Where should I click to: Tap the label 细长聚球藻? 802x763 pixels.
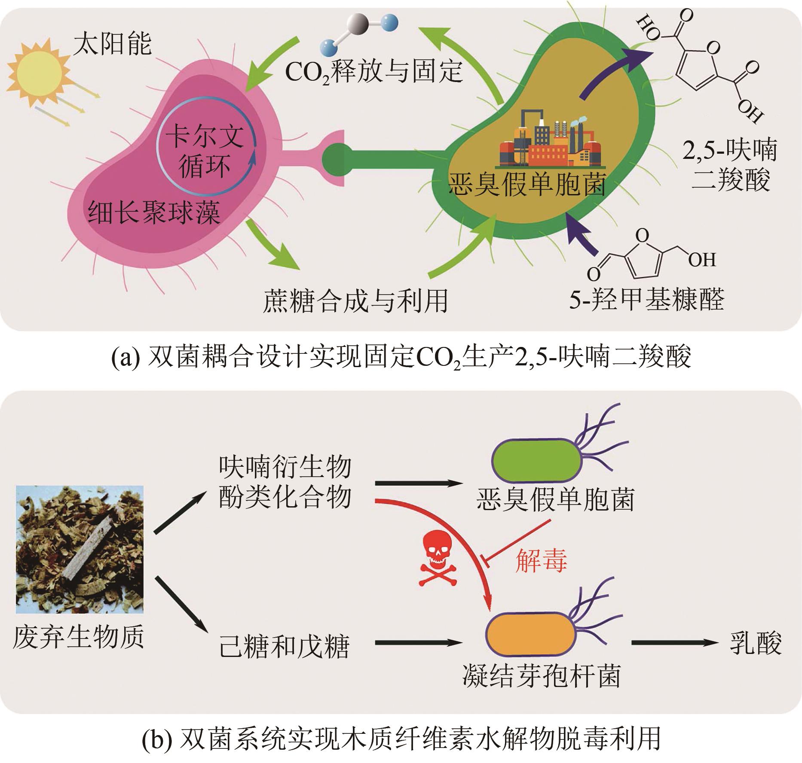pos(154,212)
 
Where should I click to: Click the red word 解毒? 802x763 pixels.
pos(541,560)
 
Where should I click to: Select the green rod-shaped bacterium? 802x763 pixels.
pos(537,456)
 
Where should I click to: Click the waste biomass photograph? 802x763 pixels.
pos(80,549)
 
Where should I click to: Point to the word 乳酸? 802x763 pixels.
pos(756,643)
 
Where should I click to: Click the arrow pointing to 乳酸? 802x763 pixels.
pos(674,643)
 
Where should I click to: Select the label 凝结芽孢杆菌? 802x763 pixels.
pos(542,677)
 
